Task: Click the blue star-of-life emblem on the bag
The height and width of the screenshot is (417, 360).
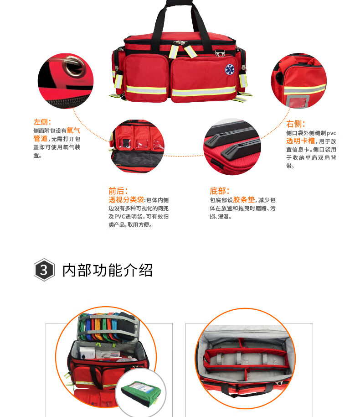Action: coord(230,69)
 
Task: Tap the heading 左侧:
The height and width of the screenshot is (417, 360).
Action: coord(42,122)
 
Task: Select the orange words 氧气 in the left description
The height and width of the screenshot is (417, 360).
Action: coord(73,130)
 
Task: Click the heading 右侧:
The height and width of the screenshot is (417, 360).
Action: coord(295,124)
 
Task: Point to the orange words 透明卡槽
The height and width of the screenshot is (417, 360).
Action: coord(300,141)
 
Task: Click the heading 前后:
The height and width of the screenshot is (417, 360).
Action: coord(118,191)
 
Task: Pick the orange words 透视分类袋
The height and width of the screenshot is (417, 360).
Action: coord(126,199)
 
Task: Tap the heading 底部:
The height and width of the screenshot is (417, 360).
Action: coord(220,191)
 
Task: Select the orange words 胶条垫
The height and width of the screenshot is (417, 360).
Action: coord(244,199)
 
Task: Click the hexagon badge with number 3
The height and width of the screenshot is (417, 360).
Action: coord(44,270)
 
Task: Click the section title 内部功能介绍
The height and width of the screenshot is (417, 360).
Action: coord(108,270)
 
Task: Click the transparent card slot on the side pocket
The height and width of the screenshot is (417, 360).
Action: coord(298,101)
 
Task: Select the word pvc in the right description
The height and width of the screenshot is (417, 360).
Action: coord(331,133)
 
